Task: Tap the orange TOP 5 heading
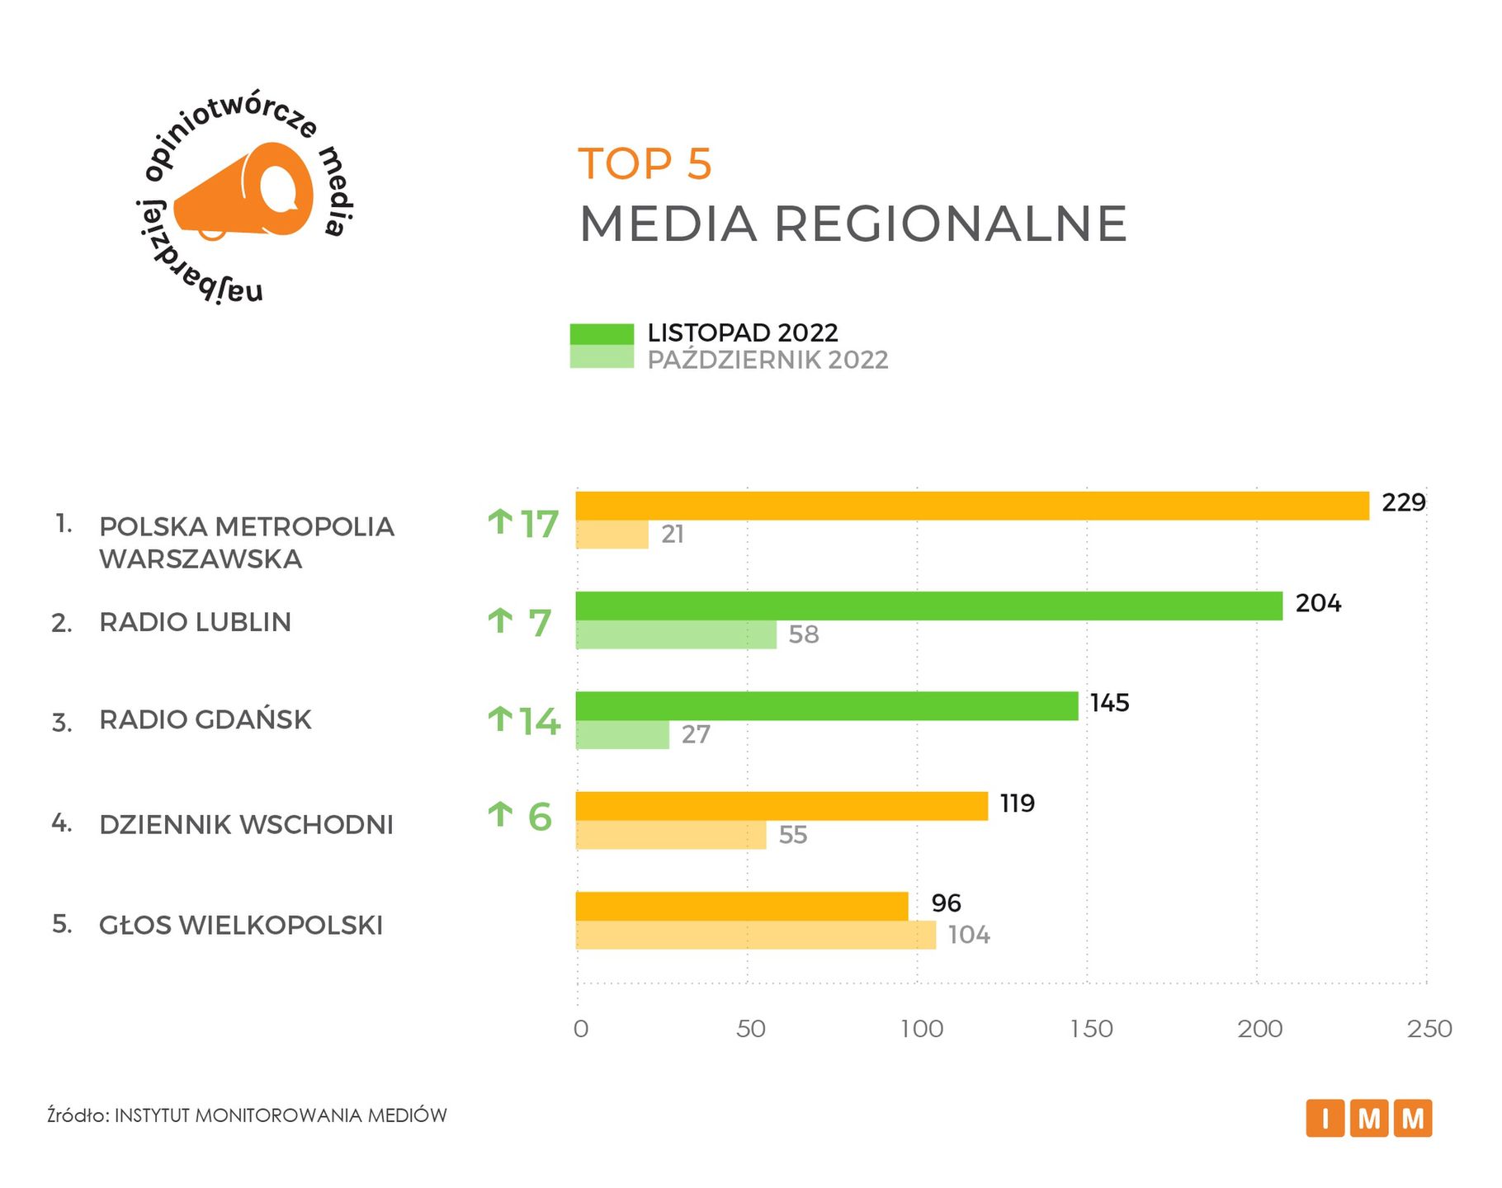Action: [x=645, y=163]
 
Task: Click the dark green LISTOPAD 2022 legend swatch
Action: [x=602, y=334]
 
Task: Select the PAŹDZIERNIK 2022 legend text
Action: [x=768, y=361]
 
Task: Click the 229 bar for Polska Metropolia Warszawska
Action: [x=972, y=506]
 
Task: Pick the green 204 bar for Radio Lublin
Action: [x=929, y=606]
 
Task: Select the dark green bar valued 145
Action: [x=827, y=706]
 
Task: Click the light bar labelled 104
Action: [x=756, y=936]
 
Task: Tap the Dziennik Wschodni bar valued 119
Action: [x=782, y=806]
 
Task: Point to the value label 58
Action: [x=804, y=634]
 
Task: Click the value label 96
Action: [x=947, y=903]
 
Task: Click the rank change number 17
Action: [x=540, y=525]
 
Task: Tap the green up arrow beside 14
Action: [x=500, y=719]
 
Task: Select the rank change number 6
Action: [x=540, y=818]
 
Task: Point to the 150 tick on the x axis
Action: [x=1091, y=1029]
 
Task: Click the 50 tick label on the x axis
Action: [x=751, y=1029]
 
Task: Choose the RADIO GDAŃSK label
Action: [x=205, y=719]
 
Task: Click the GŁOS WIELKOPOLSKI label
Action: [x=241, y=925]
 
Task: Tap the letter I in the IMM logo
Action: [x=1325, y=1119]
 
